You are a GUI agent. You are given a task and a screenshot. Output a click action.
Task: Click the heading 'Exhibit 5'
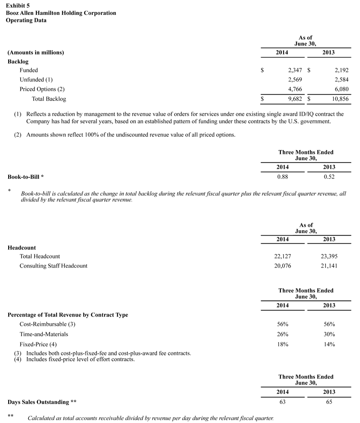[18, 5]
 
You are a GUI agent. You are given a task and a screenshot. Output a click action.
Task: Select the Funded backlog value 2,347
[292, 70]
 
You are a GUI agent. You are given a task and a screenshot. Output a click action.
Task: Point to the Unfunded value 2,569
[292, 80]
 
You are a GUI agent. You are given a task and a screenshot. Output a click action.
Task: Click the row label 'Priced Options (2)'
[42, 89]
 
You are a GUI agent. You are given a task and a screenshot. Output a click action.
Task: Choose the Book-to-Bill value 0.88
[282, 176]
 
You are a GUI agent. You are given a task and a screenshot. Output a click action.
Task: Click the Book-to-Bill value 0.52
[329, 176]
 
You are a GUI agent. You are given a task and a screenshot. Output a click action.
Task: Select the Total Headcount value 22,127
[282, 256]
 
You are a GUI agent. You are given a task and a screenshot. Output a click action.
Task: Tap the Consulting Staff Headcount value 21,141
[329, 266]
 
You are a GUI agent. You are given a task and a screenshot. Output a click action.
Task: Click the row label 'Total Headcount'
[40, 256]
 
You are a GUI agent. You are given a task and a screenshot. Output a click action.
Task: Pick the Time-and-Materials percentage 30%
[329, 334]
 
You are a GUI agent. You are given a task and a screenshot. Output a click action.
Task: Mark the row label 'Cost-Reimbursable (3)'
[47, 324]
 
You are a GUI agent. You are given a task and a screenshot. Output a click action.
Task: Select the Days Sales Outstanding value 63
[282, 402]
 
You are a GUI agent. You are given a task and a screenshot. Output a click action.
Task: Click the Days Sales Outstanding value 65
[329, 402]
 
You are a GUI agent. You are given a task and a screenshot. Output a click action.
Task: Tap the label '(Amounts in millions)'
[36, 52]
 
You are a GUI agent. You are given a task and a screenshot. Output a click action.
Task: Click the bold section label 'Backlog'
[18, 61]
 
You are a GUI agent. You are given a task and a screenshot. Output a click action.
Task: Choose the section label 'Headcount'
[22, 247]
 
